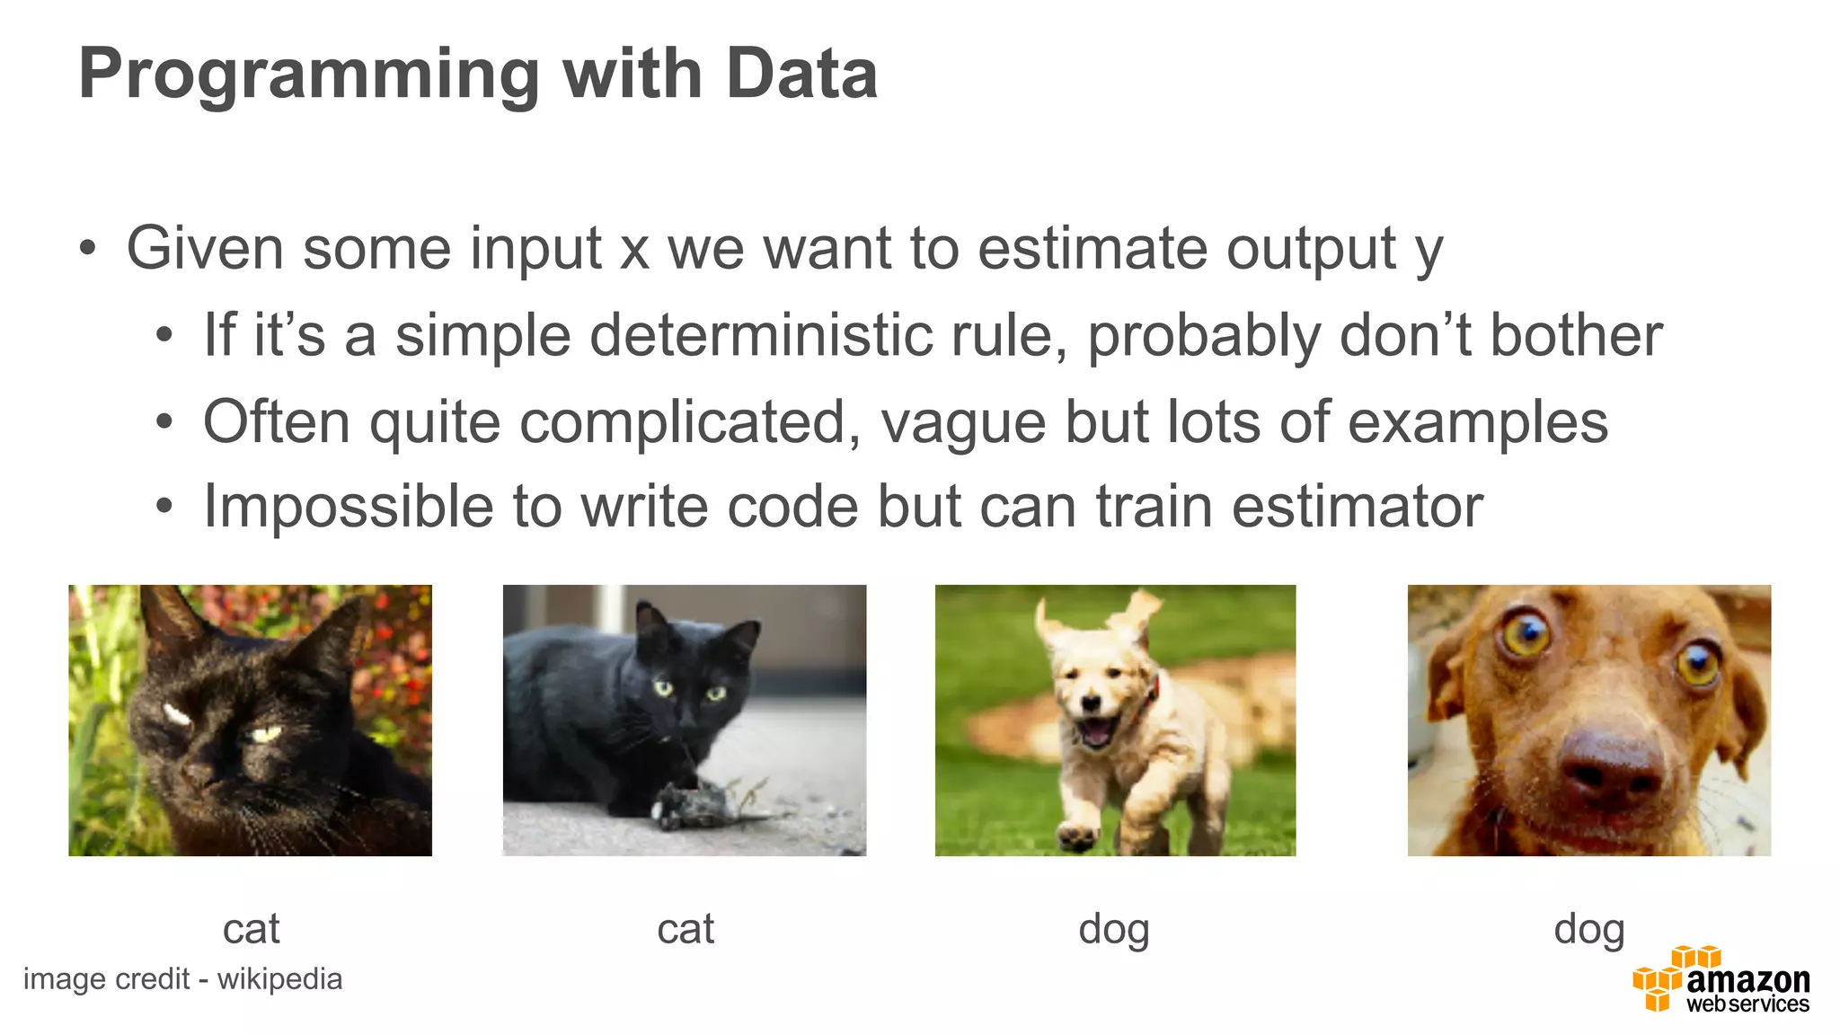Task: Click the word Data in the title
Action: [x=801, y=74]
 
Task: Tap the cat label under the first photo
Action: [x=251, y=929]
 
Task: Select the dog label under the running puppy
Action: [x=1114, y=929]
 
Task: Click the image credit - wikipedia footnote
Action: [x=182, y=979]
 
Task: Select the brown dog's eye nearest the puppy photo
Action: [x=1526, y=634]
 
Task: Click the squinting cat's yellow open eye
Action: [x=268, y=734]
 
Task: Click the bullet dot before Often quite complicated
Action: [x=164, y=422]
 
